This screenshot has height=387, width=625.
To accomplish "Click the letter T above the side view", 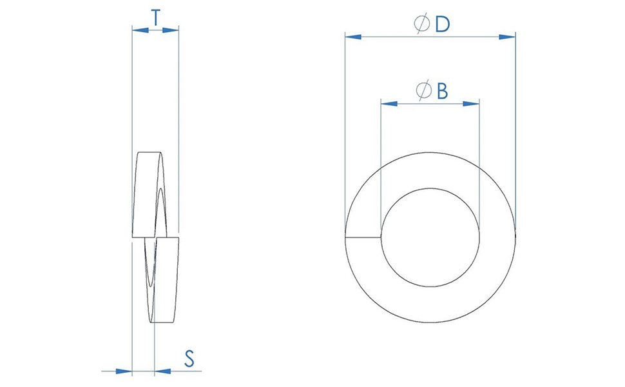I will click(x=155, y=17).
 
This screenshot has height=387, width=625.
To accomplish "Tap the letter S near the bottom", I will click(x=189, y=358).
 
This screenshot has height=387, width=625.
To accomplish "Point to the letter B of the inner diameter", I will click(x=442, y=91).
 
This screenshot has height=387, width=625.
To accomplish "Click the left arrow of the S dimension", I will click(x=124, y=371).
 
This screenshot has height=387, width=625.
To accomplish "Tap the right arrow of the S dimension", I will click(x=163, y=371).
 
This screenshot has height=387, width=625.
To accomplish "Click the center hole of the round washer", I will click(x=430, y=237).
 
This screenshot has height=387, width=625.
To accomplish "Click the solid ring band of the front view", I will click(x=430, y=303).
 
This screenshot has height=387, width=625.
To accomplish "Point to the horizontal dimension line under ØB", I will click(x=430, y=103).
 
